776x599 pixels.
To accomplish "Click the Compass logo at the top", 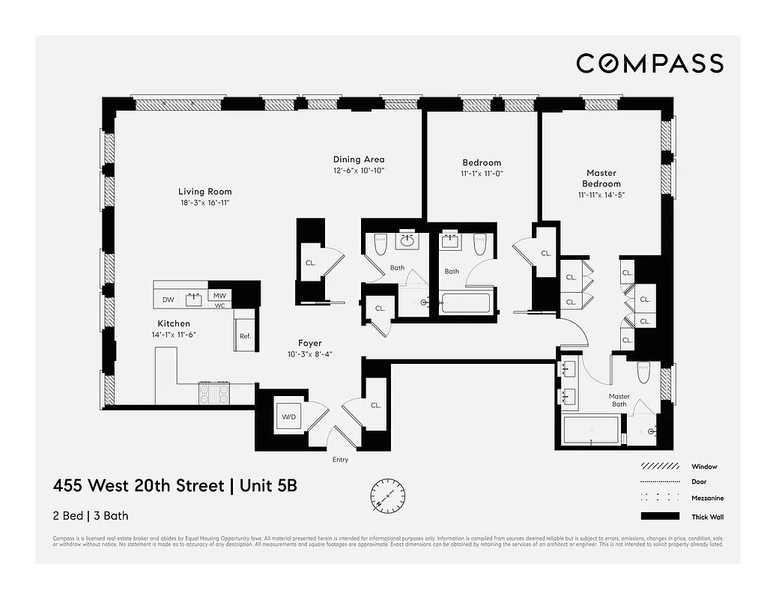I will (649, 64).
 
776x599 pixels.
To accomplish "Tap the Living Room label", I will (204, 192).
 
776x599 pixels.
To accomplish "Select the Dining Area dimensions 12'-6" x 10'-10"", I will (359, 171).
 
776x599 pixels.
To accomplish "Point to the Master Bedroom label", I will (601, 178).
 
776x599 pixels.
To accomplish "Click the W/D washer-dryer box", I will (288, 416).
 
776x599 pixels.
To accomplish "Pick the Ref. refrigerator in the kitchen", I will (245, 336).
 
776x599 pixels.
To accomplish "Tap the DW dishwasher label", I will (168, 300).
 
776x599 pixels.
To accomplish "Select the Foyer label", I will (310, 343).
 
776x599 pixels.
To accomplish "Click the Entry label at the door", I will (340, 460).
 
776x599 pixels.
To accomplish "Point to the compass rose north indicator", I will (387, 495).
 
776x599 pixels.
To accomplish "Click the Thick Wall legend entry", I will (706, 517).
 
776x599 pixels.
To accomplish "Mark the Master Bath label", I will (619, 401).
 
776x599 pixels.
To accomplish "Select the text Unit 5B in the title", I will (267, 485).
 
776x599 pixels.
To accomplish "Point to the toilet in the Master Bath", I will (643, 372).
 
